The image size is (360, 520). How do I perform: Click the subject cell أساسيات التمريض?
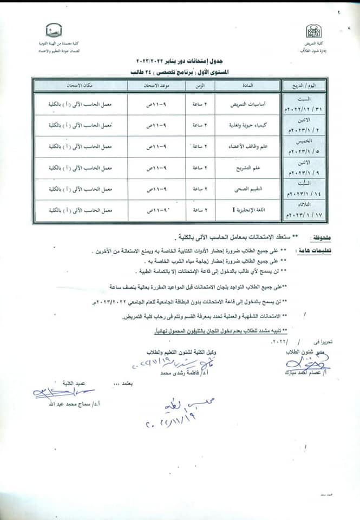coord(248,103)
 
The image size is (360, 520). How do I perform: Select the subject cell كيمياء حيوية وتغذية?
coord(248,125)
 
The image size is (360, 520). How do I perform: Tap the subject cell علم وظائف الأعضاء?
coord(248,146)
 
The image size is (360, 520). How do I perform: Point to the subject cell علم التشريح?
coord(248,167)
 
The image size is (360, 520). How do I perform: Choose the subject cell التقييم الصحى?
coord(248,189)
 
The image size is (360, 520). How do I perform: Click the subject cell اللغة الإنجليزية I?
coord(248,210)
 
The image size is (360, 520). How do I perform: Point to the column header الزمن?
coord(200,86)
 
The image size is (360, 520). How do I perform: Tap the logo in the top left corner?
coord(53,29)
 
